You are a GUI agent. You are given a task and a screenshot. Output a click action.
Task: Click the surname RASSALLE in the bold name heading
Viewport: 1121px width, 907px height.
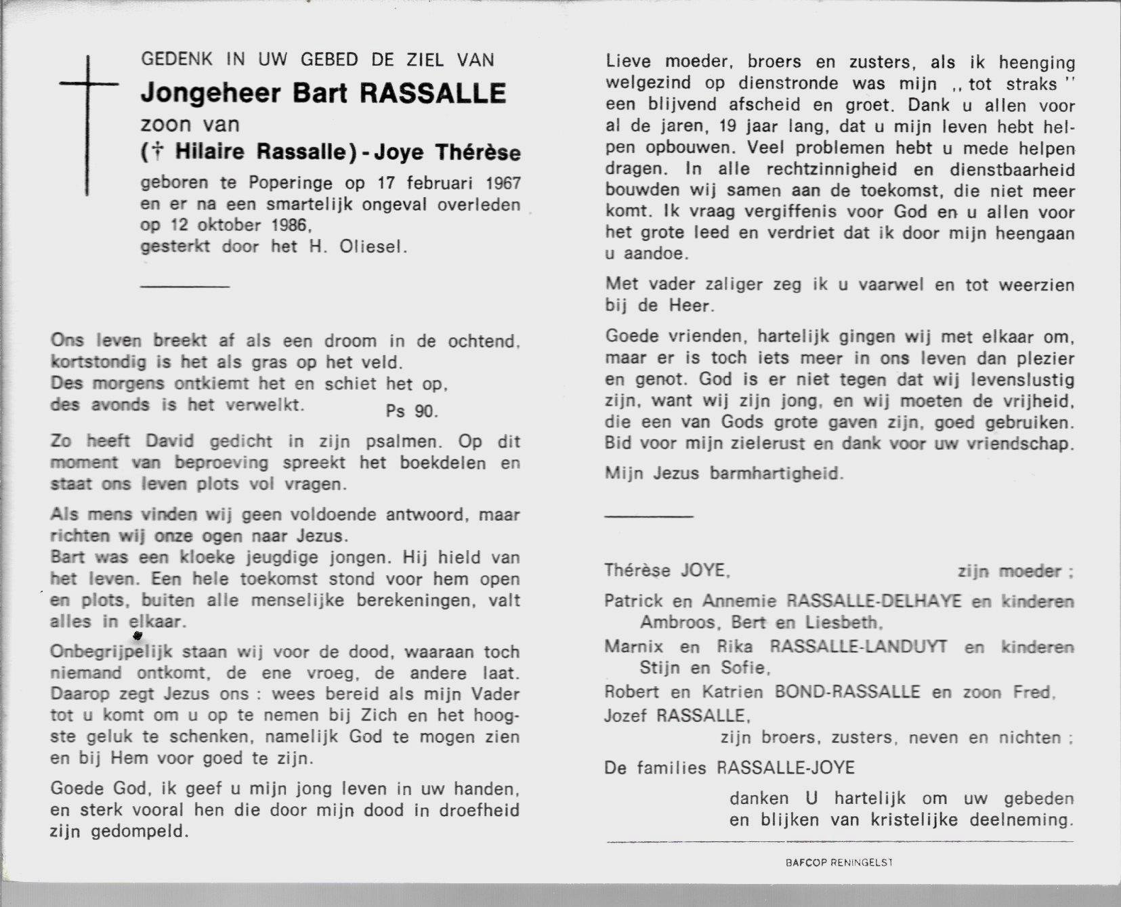coord(431,93)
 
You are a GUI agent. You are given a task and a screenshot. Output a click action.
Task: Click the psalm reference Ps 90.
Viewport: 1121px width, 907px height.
coord(412,410)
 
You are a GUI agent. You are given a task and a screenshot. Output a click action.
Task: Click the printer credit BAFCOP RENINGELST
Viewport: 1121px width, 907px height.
coord(839,863)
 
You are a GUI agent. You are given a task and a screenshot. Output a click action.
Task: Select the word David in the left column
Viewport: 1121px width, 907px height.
coord(165,442)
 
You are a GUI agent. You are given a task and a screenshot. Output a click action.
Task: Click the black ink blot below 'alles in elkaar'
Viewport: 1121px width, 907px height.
coord(138,635)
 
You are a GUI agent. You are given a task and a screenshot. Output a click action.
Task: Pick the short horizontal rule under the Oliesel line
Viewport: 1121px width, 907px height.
coord(185,286)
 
